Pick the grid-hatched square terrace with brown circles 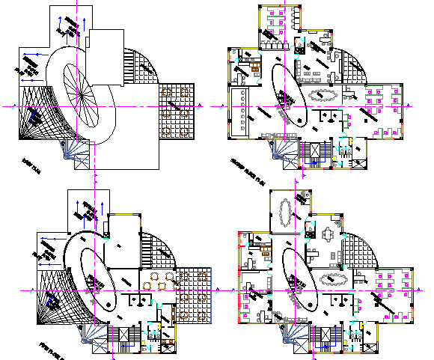click(177, 110)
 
